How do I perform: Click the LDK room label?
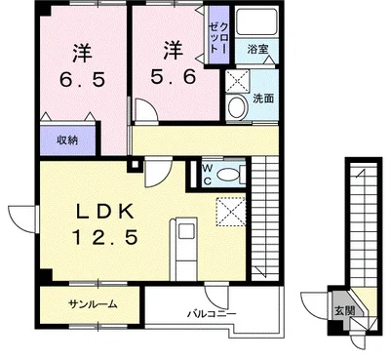(104, 213)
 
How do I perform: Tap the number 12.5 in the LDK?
(105, 237)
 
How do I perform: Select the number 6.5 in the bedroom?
(82, 79)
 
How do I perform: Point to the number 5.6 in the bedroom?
(173, 77)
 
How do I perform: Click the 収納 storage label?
(67, 140)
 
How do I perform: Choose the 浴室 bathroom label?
(257, 50)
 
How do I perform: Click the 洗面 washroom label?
(263, 99)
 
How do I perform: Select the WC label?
(208, 175)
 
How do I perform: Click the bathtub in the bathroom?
(256, 21)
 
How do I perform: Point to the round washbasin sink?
(238, 106)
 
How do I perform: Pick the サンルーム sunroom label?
(93, 304)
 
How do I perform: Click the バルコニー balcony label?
(212, 314)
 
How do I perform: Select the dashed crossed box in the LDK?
(231, 212)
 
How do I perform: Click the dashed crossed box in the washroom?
(238, 81)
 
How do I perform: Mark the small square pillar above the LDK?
(135, 165)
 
